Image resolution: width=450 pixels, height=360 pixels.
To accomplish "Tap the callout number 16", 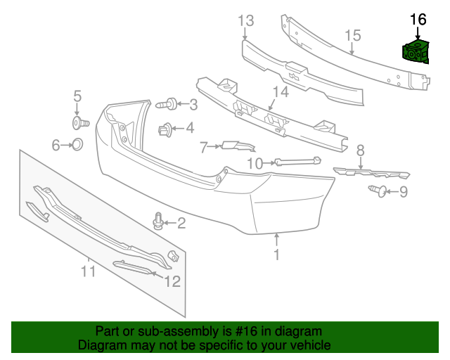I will click(418, 19).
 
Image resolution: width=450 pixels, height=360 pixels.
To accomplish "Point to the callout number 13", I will click(245, 20).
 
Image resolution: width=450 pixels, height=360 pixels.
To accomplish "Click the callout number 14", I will click(281, 92).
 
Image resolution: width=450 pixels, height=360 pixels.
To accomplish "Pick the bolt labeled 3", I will click(166, 105).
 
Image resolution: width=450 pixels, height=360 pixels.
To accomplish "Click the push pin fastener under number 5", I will click(79, 124).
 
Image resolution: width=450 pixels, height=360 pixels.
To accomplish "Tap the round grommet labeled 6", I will click(78, 145).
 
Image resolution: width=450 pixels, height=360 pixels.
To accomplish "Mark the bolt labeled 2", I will click(158, 224).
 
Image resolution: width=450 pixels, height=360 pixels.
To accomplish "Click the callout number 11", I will click(88, 270).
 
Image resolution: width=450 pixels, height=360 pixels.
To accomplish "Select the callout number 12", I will click(172, 281).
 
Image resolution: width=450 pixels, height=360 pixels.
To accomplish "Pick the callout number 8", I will click(360, 150).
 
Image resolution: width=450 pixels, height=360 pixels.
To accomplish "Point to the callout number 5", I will click(77, 96).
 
